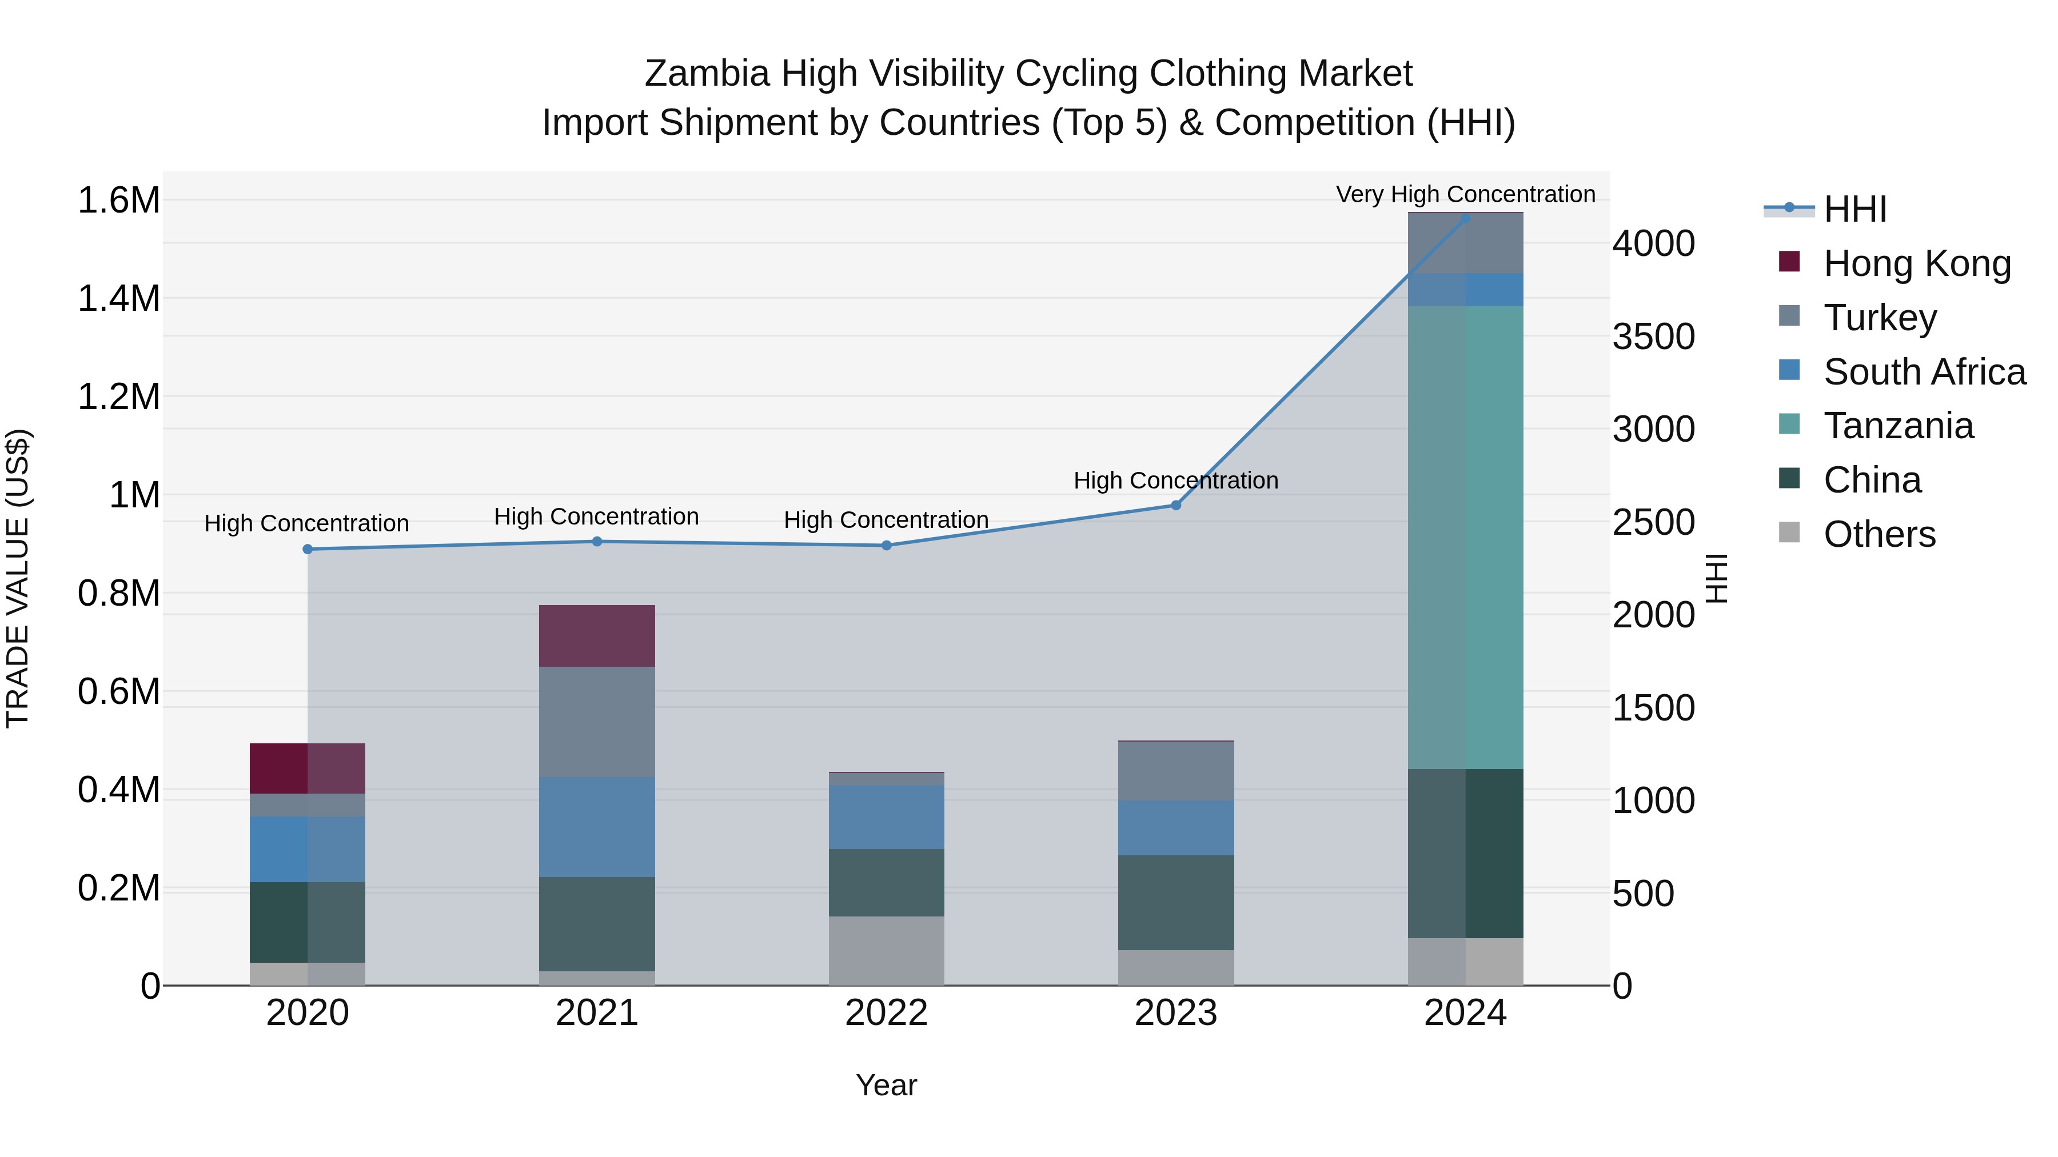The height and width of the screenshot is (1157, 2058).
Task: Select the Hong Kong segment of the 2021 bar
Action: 597,635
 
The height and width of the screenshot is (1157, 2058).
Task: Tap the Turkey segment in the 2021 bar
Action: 597,721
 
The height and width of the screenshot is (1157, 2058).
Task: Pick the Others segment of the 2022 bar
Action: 886,950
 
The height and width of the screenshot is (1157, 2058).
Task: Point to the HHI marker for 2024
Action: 1465,218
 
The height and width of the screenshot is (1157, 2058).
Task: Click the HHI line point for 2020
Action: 308,549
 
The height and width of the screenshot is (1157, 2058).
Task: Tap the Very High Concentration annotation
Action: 1465,194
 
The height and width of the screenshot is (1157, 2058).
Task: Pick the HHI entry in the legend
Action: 1854,209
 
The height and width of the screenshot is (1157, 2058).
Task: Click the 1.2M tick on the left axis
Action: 118,397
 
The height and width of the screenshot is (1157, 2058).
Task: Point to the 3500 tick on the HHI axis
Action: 1652,336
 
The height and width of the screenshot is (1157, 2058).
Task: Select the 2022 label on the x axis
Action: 886,1013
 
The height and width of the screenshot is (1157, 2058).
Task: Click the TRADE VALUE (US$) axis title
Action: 18,578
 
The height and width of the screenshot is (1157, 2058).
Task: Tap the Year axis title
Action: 886,1085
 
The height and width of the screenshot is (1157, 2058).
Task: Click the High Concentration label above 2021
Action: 596,517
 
